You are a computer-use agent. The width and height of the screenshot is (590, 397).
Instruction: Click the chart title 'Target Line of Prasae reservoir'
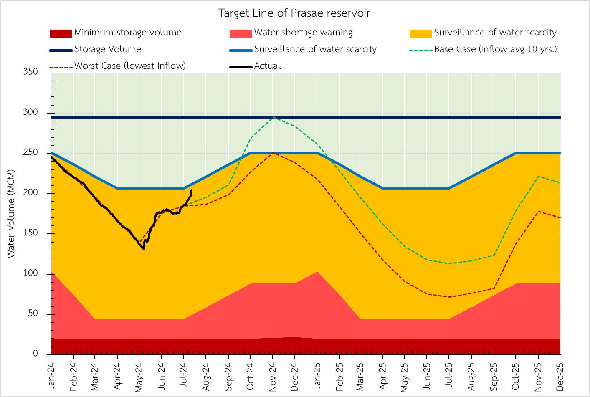pos(294,13)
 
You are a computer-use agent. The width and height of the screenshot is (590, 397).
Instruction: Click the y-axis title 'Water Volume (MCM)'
pos(11,213)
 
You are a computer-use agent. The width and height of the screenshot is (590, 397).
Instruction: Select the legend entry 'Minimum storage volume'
pos(128,33)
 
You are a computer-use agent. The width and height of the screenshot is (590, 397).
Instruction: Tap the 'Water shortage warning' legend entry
pos(303,33)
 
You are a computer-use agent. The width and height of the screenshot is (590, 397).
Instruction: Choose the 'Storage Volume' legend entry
pos(108,49)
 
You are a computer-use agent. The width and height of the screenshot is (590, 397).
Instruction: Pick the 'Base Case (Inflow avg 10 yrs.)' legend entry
pos(495,49)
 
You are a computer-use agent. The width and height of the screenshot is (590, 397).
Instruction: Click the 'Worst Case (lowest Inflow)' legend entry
pos(130,66)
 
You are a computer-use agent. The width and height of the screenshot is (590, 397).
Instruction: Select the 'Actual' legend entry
pos(267,66)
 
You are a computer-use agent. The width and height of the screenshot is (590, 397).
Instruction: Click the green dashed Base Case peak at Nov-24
pos(273,117)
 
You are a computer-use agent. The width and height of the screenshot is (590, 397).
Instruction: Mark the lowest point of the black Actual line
pos(144,249)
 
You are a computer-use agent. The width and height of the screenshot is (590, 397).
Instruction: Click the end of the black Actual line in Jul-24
pos(191,190)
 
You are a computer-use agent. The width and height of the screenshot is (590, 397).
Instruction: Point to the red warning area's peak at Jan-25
pos(317,272)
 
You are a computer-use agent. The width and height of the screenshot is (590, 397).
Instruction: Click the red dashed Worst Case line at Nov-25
pos(538,211)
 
